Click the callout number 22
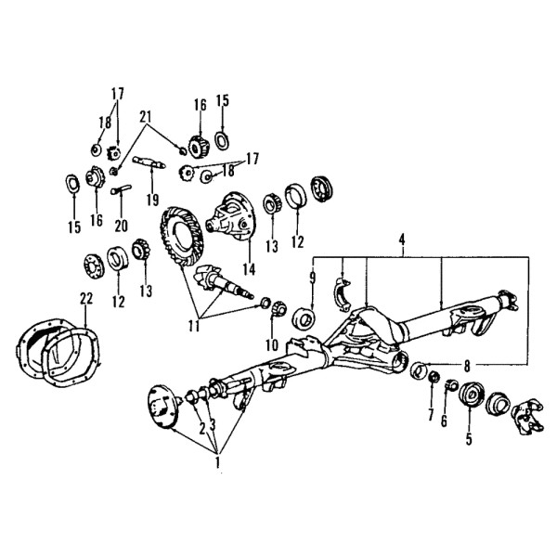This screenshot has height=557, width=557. click(x=86, y=298)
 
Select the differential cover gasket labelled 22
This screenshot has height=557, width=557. click(x=71, y=358)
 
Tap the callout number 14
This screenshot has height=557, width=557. click(x=249, y=269)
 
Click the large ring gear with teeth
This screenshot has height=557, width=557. click(x=182, y=234)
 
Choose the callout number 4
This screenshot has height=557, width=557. click(x=401, y=240)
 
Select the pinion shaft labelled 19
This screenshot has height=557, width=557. click(x=149, y=162)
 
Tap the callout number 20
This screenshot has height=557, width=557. click(x=121, y=226)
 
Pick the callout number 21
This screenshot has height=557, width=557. click(x=146, y=117)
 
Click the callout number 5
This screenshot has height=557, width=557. click(x=469, y=439)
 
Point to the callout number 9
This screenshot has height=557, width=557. click(x=312, y=278)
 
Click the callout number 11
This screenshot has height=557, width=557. click(x=194, y=326)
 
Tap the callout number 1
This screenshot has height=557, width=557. click(x=217, y=462)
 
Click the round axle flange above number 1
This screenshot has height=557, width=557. click(x=162, y=407)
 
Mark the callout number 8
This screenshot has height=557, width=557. click(x=466, y=366)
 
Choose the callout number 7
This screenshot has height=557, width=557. click(x=431, y=414)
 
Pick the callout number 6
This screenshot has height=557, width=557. click(x=444, y=421)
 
